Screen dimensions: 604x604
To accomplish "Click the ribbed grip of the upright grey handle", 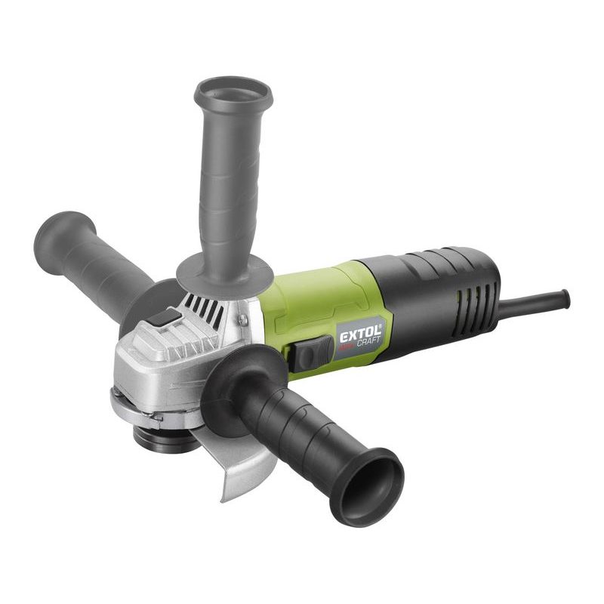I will (226, 189).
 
